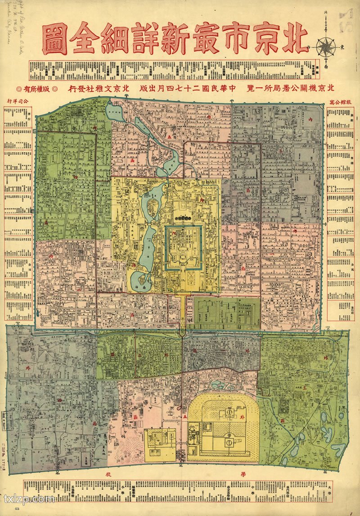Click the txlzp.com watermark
click(x=29, y=498)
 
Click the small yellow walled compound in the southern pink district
click(x=160, y=443)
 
